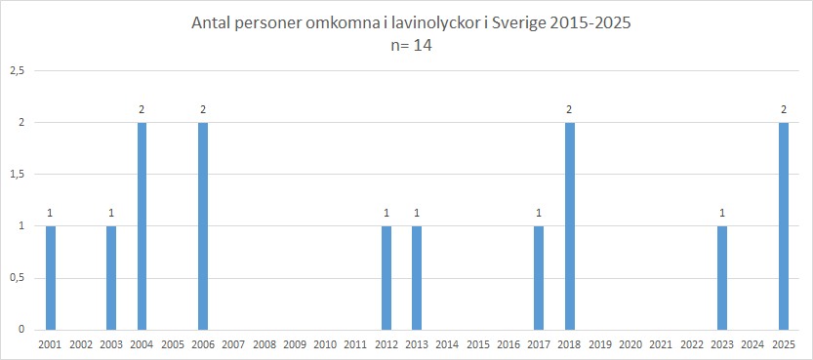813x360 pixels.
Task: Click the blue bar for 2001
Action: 51,278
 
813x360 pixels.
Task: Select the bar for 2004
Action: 142,226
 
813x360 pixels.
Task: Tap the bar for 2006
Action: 203,226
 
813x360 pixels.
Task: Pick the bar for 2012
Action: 386,278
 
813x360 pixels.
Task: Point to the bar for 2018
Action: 569,226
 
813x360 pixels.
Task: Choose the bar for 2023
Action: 722,278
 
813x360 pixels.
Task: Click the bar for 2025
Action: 784,226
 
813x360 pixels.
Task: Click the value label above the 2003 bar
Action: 111,213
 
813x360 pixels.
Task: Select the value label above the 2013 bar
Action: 417,213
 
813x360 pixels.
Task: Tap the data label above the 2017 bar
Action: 539,213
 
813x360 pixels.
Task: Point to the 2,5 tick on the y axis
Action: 17,71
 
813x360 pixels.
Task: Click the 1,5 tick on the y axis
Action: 17,175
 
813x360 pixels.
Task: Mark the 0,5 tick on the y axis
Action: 17,278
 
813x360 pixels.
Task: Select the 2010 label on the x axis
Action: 325,344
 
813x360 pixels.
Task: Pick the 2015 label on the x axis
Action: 478,344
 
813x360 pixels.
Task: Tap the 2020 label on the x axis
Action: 630,344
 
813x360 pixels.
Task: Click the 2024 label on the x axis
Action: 752,344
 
